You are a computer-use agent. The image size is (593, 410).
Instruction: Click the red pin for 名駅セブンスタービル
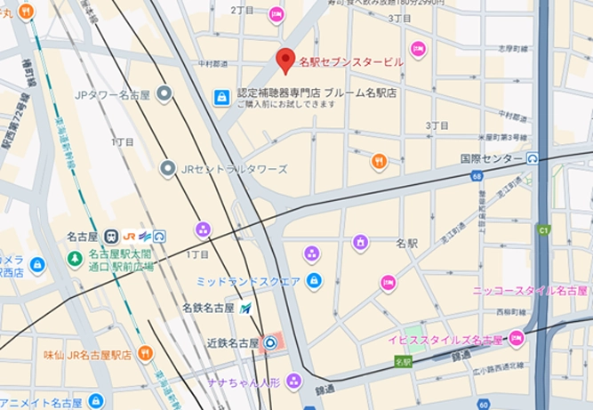pos(285,60)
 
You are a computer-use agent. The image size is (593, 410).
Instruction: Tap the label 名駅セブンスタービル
pos(350,62)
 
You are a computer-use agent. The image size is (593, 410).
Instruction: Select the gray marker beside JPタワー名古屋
pos(164,93)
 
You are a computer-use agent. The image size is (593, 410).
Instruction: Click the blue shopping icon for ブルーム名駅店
pos(221,97)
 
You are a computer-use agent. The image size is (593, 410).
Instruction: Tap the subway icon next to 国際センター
pos(532,158)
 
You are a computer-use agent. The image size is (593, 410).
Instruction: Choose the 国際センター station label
pos(491,158)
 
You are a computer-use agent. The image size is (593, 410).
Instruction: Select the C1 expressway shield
pos(544,230)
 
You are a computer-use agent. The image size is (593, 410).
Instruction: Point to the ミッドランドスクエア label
pos(249,281)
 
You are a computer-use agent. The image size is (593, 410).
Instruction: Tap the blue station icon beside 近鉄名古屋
pos(270,342)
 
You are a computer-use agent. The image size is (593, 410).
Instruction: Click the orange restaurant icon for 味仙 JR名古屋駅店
pos(145,353)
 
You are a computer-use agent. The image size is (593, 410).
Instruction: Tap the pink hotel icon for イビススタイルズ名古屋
pos(516,339)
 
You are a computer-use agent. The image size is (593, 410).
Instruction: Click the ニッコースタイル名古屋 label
pos(530,291)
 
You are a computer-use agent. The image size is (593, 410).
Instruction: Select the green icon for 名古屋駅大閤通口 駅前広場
pos(76,259)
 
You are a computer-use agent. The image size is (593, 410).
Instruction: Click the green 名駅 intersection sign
pos(405,362)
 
